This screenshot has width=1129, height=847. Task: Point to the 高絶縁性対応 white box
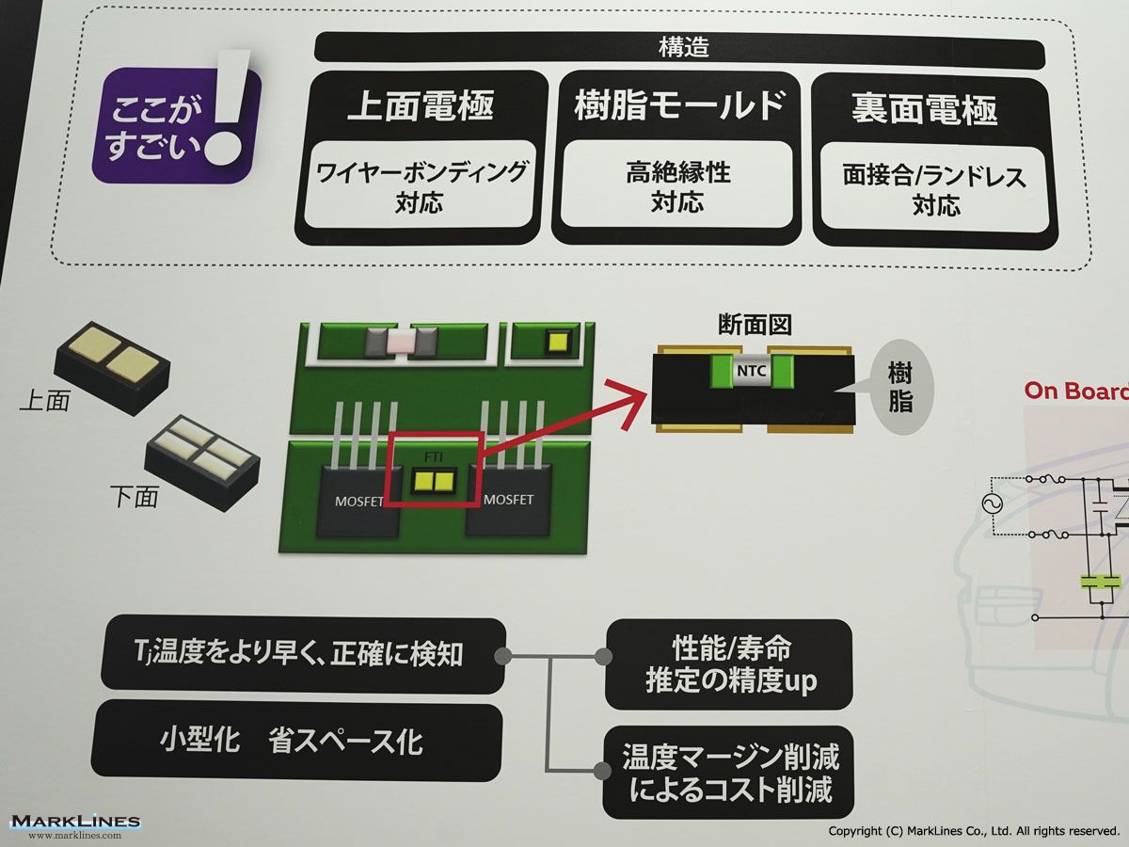click(x=678, y=187)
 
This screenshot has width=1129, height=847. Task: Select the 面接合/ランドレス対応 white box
click(x=935, y=189)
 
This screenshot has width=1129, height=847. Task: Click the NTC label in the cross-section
click(x=752, y=374)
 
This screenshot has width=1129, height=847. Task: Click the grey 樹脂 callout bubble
click(x=900, y=387)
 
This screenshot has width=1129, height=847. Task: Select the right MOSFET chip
click(x=508, y=501)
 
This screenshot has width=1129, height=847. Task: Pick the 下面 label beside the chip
click(x=134, y=496)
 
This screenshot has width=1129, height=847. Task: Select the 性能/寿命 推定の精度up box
click(x=729, y=664)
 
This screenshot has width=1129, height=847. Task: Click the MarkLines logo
click(x=75, y=824)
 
